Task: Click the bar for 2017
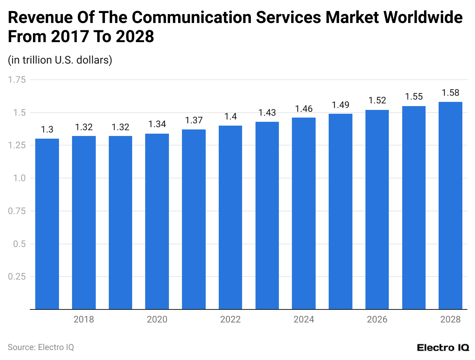[x=47, y=224]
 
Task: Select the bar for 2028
[x=450, y=205]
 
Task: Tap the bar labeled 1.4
[x=230, y=217]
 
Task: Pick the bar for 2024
[x=304, y=213]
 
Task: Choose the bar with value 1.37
[x=194, y=219]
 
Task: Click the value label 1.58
[x=450, y=93]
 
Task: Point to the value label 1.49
[x=341, y=105]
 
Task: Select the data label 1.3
[x=47, y=130]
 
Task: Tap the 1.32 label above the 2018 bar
[x=84, y=127]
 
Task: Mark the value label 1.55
[x=414, y=97]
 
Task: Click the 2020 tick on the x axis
[x=157, y=319]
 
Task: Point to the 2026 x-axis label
[x=377, y=319]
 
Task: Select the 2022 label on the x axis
[x=230, y=319]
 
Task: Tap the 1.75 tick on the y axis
[x=16, y=80]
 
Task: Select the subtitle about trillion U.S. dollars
[x=60, y=60]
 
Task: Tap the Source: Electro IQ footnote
[x=41, y=347]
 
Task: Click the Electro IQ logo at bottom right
[x=443, y=347]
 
